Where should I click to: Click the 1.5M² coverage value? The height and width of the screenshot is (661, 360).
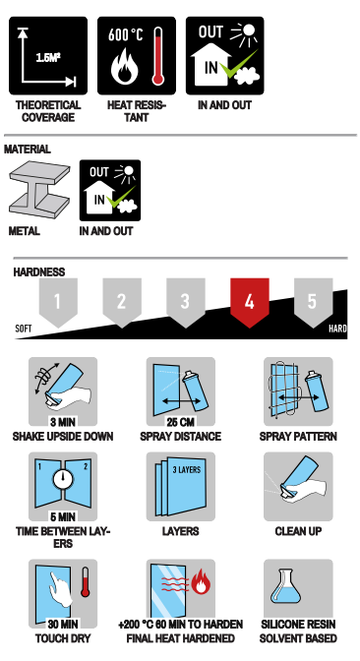48,57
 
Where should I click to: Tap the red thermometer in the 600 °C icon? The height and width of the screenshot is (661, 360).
158,56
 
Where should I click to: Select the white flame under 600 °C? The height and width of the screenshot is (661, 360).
124,65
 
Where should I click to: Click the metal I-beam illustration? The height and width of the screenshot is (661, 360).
39,190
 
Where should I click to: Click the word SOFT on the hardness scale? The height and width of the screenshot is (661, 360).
24,329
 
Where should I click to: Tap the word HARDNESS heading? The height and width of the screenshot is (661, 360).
39,271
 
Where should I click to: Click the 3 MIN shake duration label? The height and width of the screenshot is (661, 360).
63,422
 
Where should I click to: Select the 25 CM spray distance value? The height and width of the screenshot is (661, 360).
180,422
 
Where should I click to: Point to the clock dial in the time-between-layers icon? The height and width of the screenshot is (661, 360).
63,479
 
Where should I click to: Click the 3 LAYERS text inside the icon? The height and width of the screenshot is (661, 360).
187,469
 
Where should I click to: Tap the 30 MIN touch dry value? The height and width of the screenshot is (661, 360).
63,624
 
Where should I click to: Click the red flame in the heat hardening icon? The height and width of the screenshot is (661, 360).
201,582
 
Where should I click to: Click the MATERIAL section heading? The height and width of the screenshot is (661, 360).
28,150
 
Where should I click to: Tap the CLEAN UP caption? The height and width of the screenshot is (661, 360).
298,531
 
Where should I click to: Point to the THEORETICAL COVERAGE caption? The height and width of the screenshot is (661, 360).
48,111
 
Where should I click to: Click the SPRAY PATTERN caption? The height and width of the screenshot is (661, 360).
298,437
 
